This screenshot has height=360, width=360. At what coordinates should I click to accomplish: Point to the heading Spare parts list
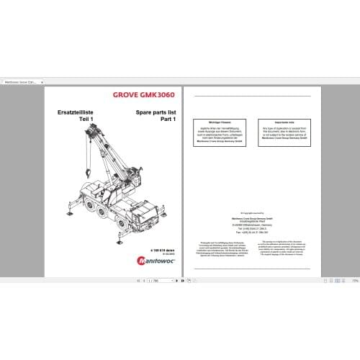point(153,113)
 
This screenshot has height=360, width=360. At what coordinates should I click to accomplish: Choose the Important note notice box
point(279,130)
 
